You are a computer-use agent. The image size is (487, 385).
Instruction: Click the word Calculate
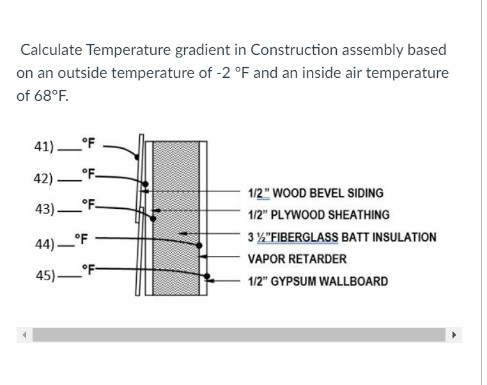point(51,49)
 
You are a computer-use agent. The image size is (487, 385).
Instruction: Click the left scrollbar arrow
point(25,335)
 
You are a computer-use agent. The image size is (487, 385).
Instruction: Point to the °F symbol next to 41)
point(88,144)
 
